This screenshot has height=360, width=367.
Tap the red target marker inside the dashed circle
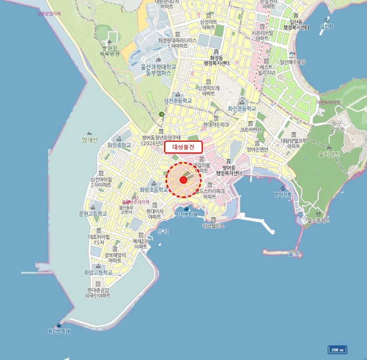(x=183, y=180)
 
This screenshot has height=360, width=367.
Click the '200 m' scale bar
(x=337, y=350)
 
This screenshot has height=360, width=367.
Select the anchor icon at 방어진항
(x=282, y=188)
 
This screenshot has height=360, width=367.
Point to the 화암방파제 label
(x=59, y=332)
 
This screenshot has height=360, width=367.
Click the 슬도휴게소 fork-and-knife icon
(x=309, y=214)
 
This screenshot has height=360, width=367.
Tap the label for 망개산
(x=90, y=140)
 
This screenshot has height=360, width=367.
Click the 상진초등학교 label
(x=178, y=100)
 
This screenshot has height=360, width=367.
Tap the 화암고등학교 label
(x=98, y=273)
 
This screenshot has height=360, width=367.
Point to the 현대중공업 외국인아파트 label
(x=99, y=293)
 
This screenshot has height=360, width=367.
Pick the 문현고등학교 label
(x=92, y=214)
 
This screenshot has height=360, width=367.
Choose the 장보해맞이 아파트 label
(x=115, y=258)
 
